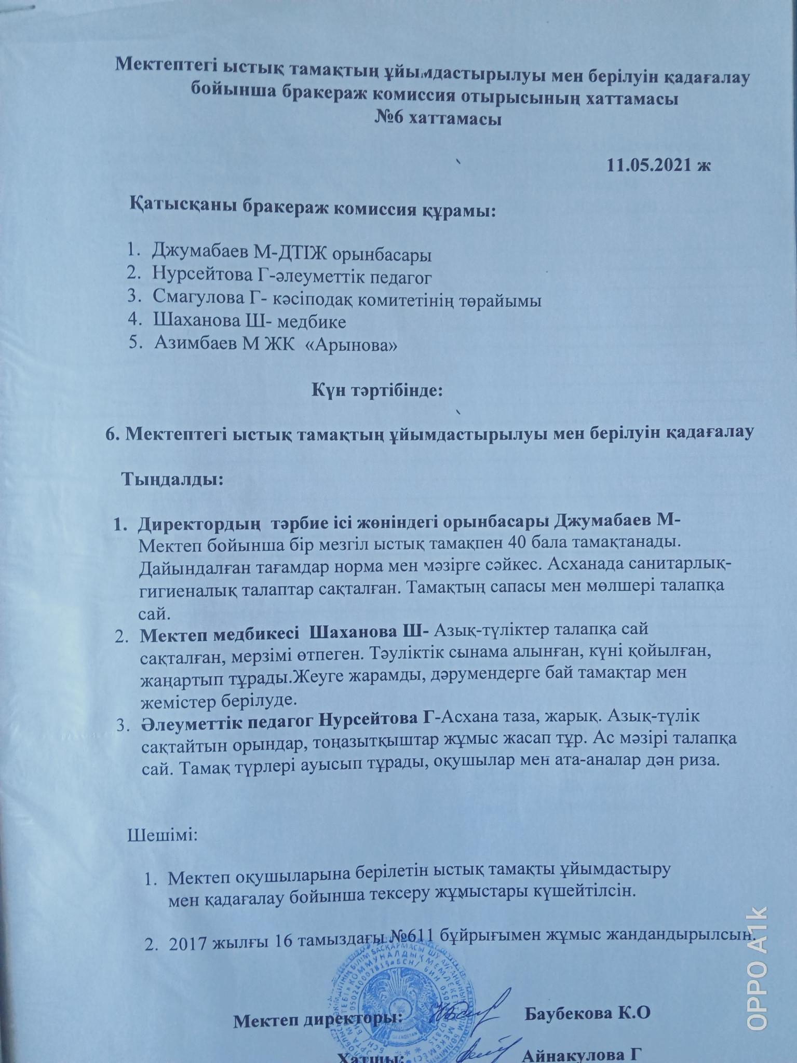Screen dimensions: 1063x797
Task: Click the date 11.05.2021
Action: coord(651,165)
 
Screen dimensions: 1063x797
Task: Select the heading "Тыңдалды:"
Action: coord(173,479)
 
